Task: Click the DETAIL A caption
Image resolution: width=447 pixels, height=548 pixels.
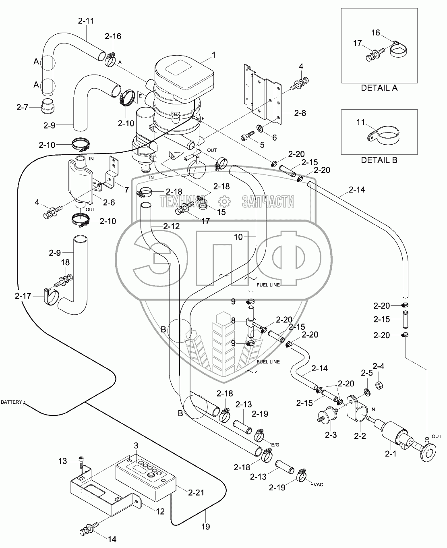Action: (379, 88)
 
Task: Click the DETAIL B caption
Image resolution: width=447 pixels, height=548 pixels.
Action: (379, 160)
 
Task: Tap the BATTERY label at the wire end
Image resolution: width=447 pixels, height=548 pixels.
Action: (11, 402)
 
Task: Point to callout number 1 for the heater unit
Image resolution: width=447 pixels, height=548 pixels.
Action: (213, 55)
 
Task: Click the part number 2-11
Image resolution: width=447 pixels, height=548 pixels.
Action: (86, 21)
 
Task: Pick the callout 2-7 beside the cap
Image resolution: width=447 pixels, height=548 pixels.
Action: (22, 107)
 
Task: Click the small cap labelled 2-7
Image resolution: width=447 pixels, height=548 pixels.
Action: (47, 106)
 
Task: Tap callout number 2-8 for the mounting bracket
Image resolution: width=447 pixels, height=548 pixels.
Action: (300, 113)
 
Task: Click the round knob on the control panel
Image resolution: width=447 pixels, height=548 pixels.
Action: (151, 475)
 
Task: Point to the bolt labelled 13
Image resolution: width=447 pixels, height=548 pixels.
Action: (81, 463)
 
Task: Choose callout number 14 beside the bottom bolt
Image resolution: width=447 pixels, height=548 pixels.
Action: (112, 539)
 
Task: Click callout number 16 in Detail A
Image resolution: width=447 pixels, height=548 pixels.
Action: (376, 33)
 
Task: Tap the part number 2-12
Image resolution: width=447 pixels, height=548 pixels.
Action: (172, 226)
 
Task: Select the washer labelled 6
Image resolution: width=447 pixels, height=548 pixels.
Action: (259, 128)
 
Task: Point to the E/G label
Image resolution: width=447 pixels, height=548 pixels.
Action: (275, 445)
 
